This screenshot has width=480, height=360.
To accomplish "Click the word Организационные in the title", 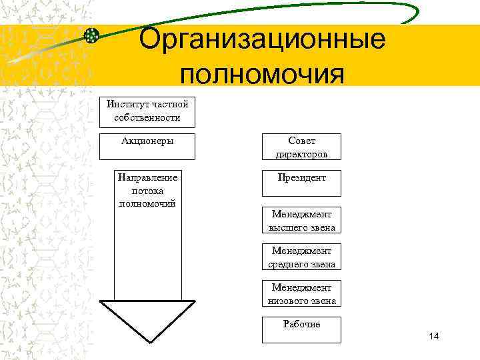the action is (263, 39).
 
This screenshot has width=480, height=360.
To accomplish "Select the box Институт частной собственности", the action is (147, 111).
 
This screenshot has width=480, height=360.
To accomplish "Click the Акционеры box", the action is (147, 147).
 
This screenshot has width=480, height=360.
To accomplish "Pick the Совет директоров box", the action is (301, 147).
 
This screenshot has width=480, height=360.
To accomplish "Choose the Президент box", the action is (301, 183).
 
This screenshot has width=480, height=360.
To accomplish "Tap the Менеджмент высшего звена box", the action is (301, 220).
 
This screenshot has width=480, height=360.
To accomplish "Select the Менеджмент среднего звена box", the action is (301, 257).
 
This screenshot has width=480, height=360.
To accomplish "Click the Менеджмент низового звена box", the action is (301, 293).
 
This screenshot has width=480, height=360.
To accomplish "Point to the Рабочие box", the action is (301, 330).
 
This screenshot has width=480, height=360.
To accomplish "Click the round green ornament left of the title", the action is (92, 35).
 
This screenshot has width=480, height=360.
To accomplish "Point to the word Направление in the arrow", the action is (147, 179).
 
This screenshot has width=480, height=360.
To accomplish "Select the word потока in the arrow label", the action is (147, 191).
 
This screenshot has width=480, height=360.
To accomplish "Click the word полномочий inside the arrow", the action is (147, 203).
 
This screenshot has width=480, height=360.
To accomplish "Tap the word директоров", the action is (301, 154).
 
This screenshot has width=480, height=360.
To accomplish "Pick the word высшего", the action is (283, 227).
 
